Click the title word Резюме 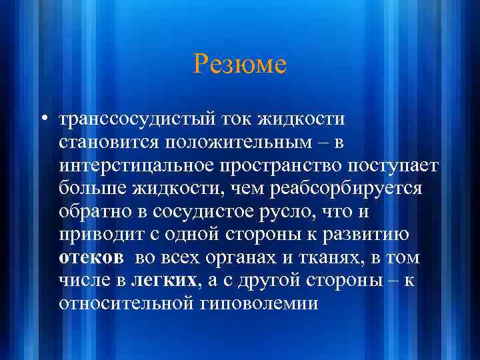240,65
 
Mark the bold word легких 172,280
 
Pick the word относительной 126,303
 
